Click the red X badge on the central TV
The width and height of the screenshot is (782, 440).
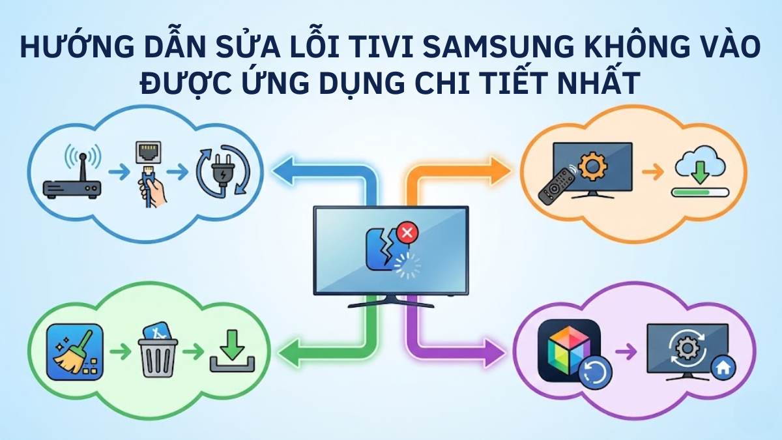pyautogui.click(x=407, y=232)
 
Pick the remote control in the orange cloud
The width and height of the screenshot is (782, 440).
pyautogui.click(x=556, y=184)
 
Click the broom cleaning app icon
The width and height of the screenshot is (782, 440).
pyautogui.click(x=75, y=351)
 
